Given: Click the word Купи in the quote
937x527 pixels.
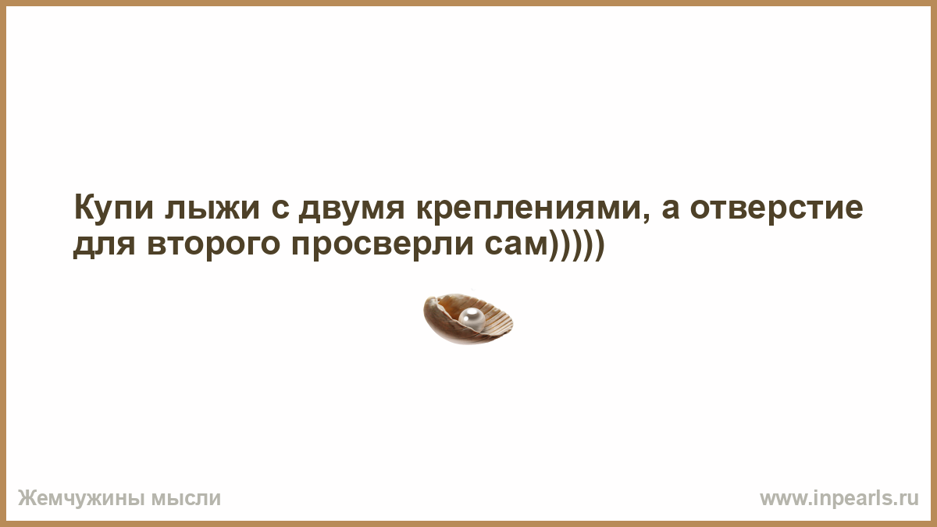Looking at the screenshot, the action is point(114,208).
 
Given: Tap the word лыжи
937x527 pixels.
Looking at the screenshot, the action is point(212,208).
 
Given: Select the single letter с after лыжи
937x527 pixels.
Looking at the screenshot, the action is point(280,209).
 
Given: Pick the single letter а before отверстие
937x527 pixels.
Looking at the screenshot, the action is point(671,209).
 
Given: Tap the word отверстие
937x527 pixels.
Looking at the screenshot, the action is point(776,208).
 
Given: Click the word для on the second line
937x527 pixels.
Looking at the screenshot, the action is point(105,245).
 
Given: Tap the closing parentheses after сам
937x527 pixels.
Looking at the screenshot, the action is point(576,246).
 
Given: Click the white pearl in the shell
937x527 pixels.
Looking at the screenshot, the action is point(472,319).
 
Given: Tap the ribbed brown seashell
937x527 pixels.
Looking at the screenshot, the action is point(468,319).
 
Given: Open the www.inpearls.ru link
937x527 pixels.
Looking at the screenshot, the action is point(839,499).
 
